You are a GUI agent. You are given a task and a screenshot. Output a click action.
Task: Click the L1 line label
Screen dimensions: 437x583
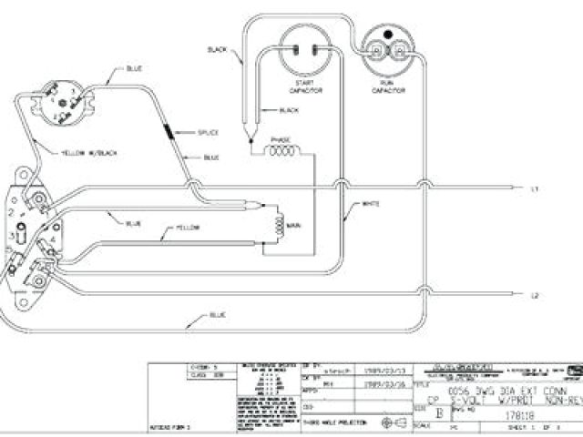click(x=535, y=189)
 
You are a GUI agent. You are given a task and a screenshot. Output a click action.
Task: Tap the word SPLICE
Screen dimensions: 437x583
click(x=209, y=133)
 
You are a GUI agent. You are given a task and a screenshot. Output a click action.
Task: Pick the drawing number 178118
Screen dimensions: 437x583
click(x=510, y=412)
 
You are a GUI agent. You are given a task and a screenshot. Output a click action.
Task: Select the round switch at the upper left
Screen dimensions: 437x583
click(x=61, y=107)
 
